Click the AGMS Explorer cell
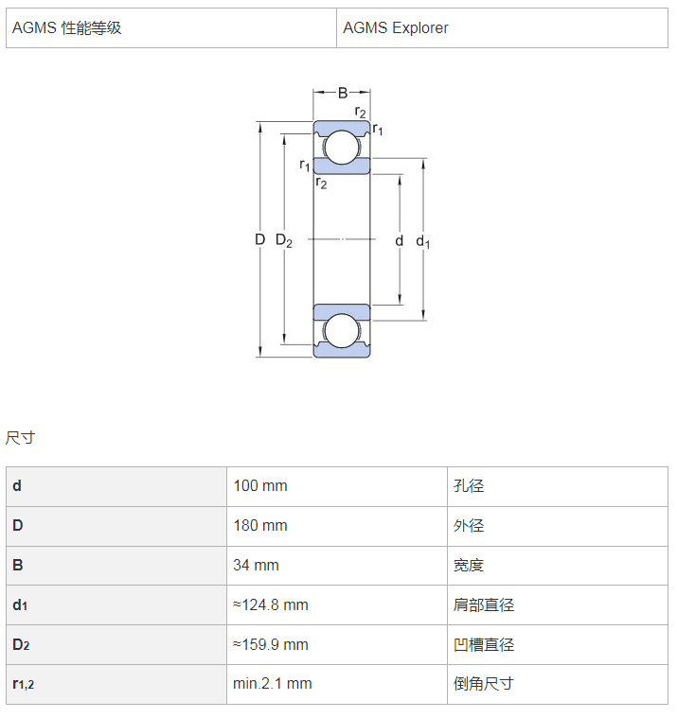(x=502, y=28)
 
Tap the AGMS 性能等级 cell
(x=171, y=28)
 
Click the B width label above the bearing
(x=343, y=94)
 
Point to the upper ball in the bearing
(x=342, y=148)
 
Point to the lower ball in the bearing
(x=342, y=330)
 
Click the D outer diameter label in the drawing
(x=259, y=239)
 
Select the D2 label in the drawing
(x=284, y=240)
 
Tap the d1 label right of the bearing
(x=422, y=241)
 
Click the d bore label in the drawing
(x=400, y=240)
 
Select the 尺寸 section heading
(x=20, y=438)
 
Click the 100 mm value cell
(x=337, y=486)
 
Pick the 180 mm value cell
(x=337, y=526)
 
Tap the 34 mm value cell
(x=337, y=566)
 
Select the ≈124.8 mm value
(x=271, y=604)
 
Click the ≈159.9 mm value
(x=271, y=645)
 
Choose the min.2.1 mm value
(x=273, y=684)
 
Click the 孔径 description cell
(x=558, y=486)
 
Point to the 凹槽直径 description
(x=484, y=645)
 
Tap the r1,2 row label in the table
(x=24, y=684)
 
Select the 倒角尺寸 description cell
(x=558, y=684)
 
